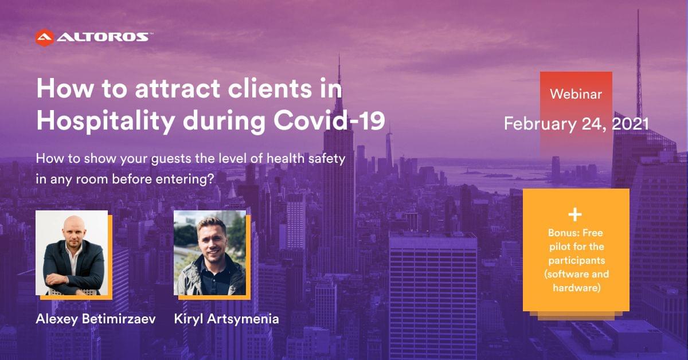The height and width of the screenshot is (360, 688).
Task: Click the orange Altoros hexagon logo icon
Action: click(45, 37)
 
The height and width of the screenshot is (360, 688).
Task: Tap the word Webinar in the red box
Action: click(576, 94)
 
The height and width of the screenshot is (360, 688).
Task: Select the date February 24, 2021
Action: click(576, 124)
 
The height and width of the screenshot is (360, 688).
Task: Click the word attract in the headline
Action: click(178, 88)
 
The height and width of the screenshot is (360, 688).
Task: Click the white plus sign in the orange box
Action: click(575, 214)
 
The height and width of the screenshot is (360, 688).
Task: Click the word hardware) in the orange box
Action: click(577, 288)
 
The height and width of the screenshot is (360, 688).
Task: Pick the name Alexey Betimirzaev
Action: click(96, 319)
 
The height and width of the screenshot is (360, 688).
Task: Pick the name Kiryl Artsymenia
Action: click(226, 319)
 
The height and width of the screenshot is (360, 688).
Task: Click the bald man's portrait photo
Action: click(72, 253)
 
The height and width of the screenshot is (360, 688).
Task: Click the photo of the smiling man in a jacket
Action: click(210, 253)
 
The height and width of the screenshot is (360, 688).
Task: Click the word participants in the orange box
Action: click(577, 261)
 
